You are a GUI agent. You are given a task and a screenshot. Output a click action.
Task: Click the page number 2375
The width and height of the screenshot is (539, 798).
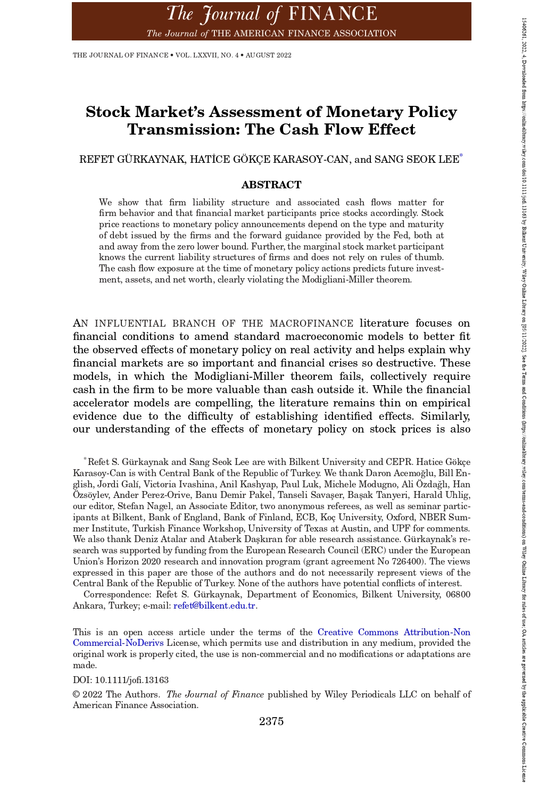[271, 721]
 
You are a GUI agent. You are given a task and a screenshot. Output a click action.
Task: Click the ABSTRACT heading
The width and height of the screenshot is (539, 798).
[271, 185]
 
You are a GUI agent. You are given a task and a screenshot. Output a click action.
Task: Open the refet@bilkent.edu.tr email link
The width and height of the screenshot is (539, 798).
[214, 605]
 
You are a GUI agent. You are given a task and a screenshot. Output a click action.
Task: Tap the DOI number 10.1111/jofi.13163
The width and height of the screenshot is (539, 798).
[131, 680]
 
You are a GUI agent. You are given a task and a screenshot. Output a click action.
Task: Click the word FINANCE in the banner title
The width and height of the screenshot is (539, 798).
[333, 13]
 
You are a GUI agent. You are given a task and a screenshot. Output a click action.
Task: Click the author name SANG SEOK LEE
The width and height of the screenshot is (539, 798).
[417, 160]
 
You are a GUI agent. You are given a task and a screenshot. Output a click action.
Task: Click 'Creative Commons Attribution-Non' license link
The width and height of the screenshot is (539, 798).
[394, 632]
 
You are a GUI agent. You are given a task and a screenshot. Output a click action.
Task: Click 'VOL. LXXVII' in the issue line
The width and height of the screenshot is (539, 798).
[200, 55]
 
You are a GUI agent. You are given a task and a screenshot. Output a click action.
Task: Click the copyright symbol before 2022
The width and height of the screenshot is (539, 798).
[76, 694]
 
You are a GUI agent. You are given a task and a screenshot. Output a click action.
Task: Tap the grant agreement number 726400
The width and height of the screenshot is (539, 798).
[410, 561]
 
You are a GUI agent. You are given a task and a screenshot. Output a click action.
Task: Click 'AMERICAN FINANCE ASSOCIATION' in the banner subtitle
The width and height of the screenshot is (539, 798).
[304, 33]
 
